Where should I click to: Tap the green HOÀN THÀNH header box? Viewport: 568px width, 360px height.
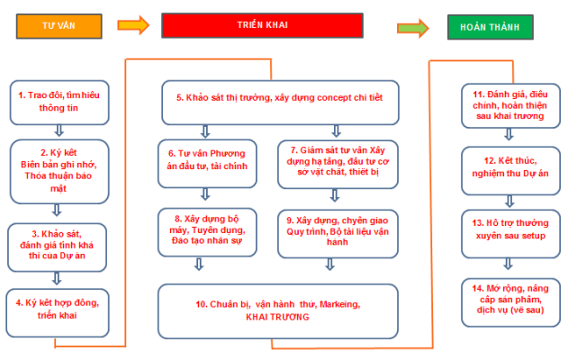tap(496, 26)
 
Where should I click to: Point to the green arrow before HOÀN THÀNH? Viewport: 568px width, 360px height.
tap(412, 27)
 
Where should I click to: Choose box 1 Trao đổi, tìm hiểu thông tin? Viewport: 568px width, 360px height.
tap(59, 102)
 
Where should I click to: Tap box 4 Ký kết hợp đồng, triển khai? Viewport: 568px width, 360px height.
tap(59, 309)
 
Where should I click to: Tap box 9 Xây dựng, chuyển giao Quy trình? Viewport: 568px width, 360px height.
tap(338, 230)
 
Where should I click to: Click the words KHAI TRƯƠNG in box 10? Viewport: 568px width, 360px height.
tap(275, 318)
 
